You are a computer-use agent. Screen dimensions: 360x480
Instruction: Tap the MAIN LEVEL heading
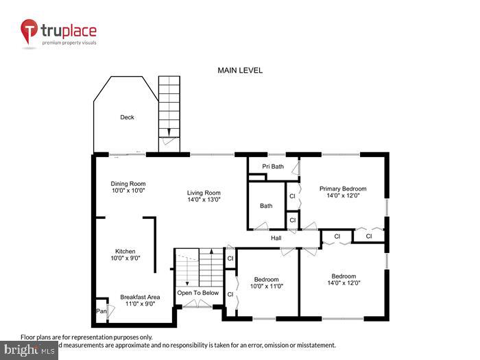tap(240, 71)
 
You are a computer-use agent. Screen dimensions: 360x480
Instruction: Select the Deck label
tap(127, 117)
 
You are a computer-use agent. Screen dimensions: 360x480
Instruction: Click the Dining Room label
tap(128, 184)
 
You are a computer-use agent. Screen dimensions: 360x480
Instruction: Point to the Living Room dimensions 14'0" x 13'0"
tap(208, 201)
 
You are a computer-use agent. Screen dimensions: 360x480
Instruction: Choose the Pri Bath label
tap(273, 167)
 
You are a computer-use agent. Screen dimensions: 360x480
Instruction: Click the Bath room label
tap(266, 206)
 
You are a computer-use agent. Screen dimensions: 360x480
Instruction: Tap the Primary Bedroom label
tap(343, 189)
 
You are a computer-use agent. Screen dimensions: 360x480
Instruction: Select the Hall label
tap(276, 239)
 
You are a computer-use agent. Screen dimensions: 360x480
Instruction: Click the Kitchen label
tap(125, 252)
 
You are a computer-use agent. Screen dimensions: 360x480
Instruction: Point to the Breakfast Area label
tap(140, 297)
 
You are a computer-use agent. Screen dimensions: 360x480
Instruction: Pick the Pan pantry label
tap(101, 311)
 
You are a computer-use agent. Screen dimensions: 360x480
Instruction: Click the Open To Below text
tap(198, 293)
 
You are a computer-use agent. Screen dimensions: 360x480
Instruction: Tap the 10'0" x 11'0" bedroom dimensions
tap(266, 287)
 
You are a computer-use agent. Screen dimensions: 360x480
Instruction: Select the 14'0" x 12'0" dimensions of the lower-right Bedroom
tap(343, 284)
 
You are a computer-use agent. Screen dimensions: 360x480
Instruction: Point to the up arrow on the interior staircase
tap(212, 254)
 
